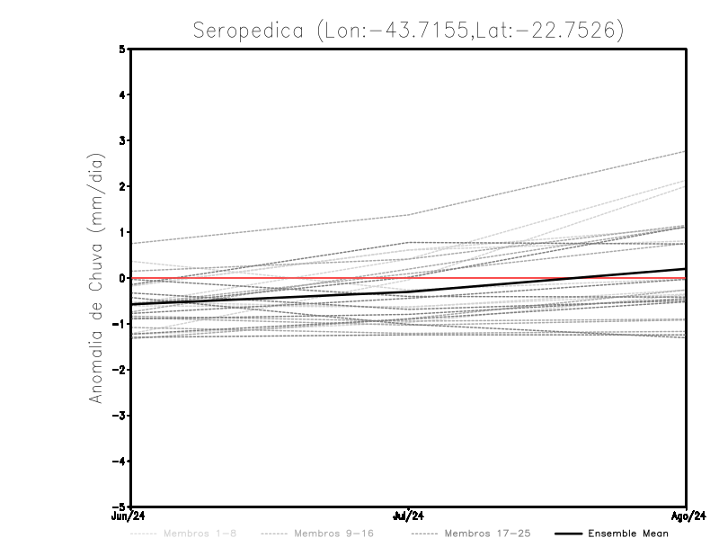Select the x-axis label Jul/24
(x=409, y=516)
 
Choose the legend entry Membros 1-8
(x=200, y=534)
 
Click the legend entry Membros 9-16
(x=333, y=534)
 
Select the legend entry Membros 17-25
(x=487, y=534)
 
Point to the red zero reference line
(x=539, y=278)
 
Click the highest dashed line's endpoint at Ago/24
(x=686, y=151)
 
